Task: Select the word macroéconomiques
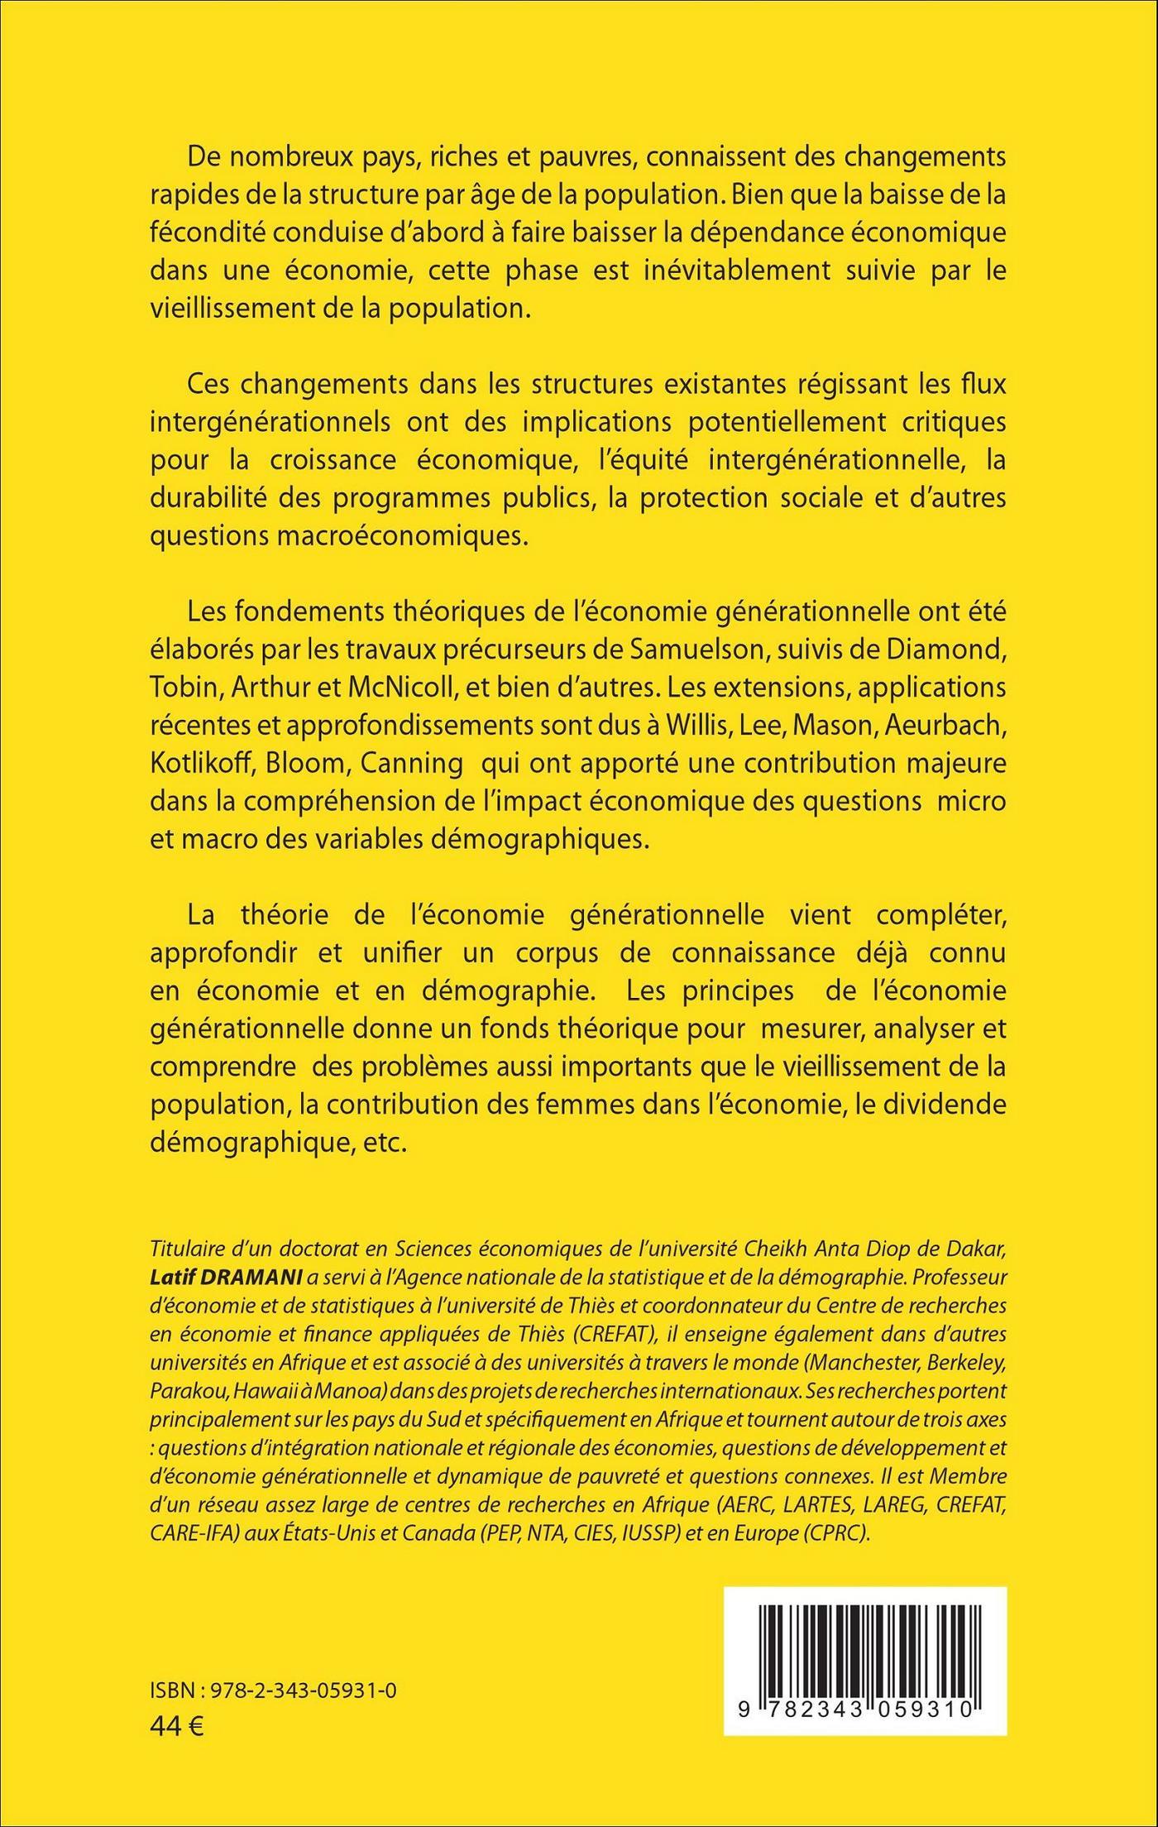[x=337, y=536]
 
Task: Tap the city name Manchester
[x=842, y=1362]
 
